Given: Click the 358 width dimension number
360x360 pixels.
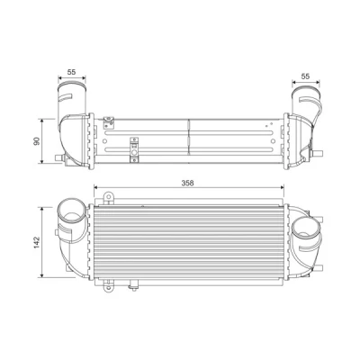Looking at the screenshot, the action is click(x=187, y=183).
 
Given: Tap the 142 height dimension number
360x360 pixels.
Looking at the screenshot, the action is click(x=37, y=242).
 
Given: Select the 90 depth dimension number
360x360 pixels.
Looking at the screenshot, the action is click(x=37, y=141).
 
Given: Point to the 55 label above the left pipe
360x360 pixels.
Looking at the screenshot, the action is click(x=71, y=72).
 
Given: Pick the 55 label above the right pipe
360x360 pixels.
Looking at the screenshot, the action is click(x=305, y=76).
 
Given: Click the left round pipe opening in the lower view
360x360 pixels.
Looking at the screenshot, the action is click(x=71, y=210).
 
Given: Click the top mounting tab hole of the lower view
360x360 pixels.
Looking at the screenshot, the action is click(x=108, y=197).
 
